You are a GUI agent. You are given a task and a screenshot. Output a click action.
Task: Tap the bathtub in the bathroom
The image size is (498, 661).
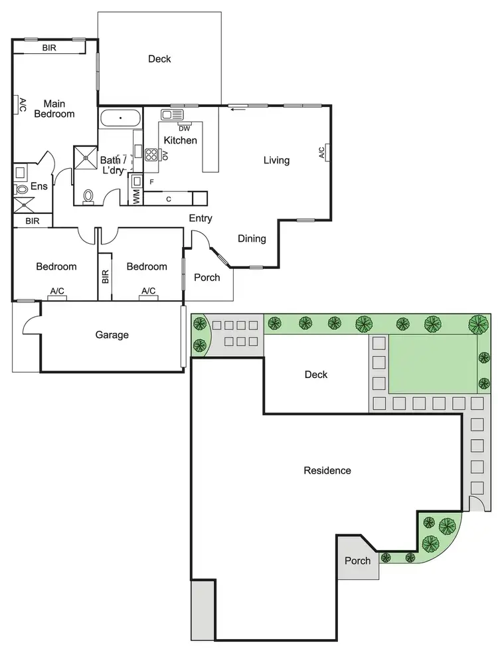pyautogui.click(x=120, y=120)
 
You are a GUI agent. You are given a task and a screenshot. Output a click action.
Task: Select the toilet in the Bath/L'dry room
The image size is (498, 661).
pyautogui.click(x=89, y=195)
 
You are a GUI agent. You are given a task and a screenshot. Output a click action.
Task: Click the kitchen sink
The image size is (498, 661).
pyautogui.click(x=171, y=115)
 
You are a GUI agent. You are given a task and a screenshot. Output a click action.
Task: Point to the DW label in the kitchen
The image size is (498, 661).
pyautogui.click(x=185, y=128)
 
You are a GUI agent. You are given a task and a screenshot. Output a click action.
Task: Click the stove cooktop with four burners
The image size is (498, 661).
pyautogui.click(x=151, y=155)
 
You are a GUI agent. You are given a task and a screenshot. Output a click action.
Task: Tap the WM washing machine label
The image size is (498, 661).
pyautogui.click(x=137, y=196)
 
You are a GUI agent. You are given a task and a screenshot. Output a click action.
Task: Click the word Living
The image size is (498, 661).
pyautogui.click(x=276, y=160)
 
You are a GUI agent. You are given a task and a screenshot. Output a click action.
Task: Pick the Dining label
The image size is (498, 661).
pyautogui.click(x=252, y=238)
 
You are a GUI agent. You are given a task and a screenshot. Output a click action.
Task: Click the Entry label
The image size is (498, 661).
pyautogui.click(x=201, y=219)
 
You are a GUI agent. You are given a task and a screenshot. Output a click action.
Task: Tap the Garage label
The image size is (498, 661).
pyautogui.click(x=112, y=335)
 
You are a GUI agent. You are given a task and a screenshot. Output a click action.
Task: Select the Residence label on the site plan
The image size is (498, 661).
pyautogui.click(x=327, y=470)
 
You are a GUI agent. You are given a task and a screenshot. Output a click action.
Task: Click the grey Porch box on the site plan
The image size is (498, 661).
pyautogui.click(x=357, y=560)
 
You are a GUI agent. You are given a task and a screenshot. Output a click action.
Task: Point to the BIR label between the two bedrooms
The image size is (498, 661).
pyautogui.click(x=106, y=276)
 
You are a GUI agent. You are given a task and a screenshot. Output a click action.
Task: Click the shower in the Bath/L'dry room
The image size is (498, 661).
pyautogui.click(x=85, y=156)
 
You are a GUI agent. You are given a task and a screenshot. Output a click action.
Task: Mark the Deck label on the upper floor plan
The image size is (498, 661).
pyautogui.click(x=159, y=59)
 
